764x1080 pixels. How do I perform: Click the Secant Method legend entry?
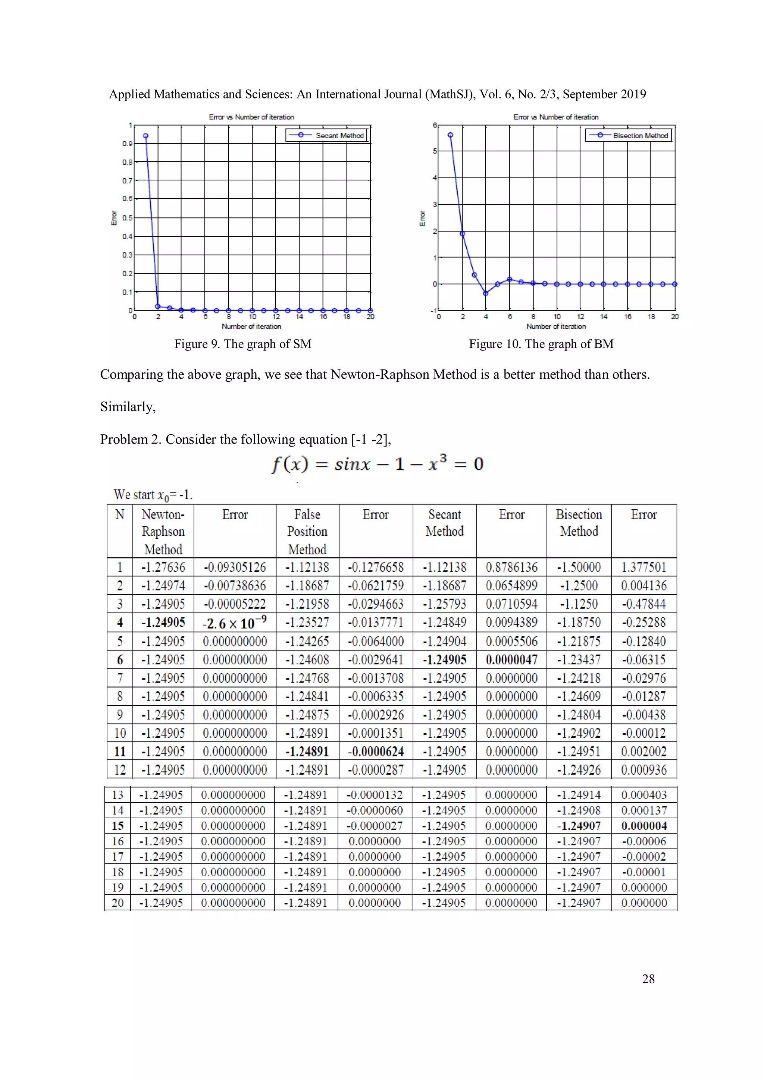[x=339, y=135]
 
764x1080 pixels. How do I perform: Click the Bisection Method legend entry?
[x=640, y=135]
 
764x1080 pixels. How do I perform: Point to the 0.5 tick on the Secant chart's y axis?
[x=127, y=218]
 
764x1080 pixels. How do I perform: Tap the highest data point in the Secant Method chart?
[x=146, y=136]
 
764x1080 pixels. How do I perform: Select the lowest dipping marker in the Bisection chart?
[x=486, y=293]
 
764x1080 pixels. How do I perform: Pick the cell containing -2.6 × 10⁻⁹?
[x=234, y=623]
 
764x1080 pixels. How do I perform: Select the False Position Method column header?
[x=307, y=532]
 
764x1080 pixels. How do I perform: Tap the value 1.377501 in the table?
[x=644, y=567]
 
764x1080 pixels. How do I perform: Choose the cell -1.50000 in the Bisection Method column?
[x=579, y=567]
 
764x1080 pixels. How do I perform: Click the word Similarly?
[x=128, y=407]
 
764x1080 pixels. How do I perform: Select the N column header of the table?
[x=120, y=515]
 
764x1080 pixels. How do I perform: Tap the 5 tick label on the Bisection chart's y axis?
[x=435, y=151]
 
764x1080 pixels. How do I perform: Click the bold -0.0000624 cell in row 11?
[x=376, y=752]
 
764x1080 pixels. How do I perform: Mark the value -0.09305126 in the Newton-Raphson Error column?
[x=234, y=567]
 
